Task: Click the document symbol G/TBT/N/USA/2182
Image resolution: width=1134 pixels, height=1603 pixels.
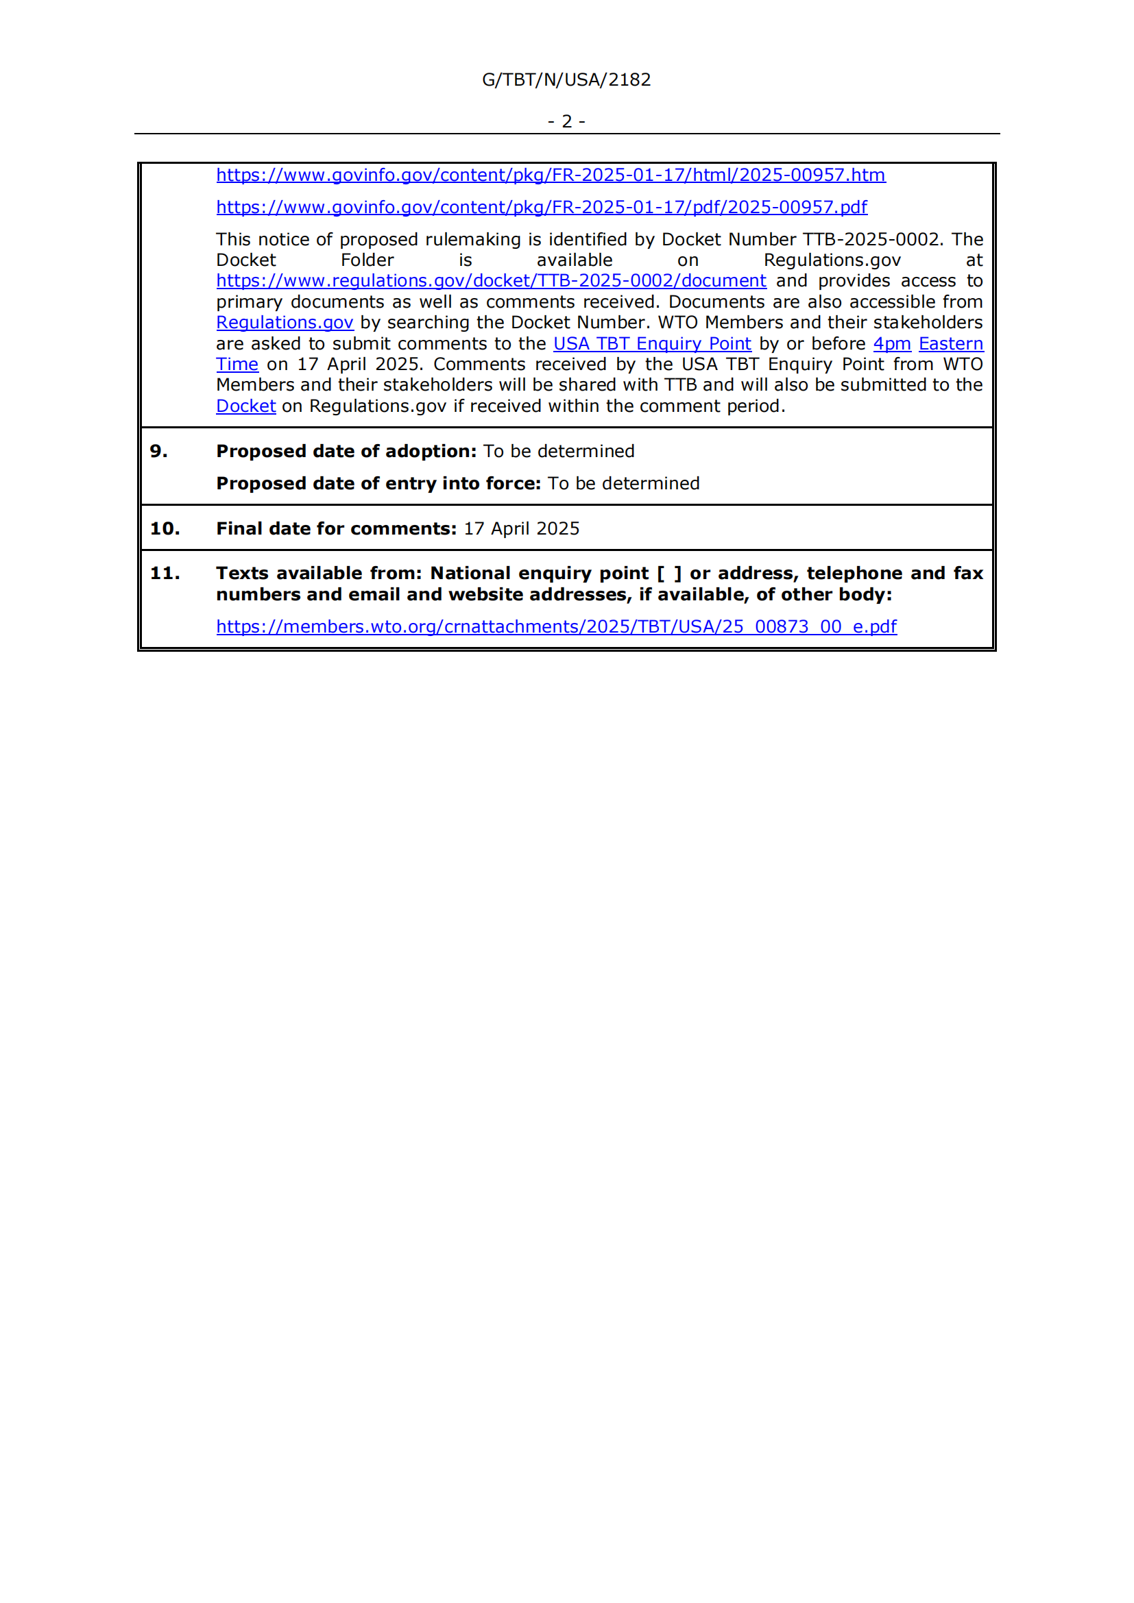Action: [566, 80]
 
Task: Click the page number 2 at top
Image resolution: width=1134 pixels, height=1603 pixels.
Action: [566, 121]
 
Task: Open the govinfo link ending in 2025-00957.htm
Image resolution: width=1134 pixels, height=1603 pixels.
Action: [551, 175]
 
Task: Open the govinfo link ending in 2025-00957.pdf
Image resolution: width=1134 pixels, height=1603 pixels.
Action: [541, 208]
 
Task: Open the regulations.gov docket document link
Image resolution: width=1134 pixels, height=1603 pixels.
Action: [491, 281]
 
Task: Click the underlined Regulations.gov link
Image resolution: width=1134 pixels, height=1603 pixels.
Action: [285, 323]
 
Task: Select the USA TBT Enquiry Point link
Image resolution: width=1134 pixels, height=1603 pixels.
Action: [651, 343]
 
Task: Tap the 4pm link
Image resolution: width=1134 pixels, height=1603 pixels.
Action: [892, 343]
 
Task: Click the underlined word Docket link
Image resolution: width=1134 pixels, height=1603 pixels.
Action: [246, 406]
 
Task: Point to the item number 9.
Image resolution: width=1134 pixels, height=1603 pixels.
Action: [158, 451]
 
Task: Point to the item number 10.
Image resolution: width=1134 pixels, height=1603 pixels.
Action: [165, 528]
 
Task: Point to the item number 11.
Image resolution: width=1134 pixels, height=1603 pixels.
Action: [165, 573]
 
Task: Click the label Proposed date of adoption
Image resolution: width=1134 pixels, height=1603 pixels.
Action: [346, 451]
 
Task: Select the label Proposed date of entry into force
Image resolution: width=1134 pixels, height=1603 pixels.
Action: [378, 483]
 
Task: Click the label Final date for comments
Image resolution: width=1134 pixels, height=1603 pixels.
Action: [336, 528]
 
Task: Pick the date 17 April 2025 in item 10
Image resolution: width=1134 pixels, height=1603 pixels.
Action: [522, 528]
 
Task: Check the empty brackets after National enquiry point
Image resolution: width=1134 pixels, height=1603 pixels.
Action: [668, 573]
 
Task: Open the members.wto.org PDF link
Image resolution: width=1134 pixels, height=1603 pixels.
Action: [556, 626]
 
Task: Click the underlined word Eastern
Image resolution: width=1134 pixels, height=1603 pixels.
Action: [950, 343]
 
